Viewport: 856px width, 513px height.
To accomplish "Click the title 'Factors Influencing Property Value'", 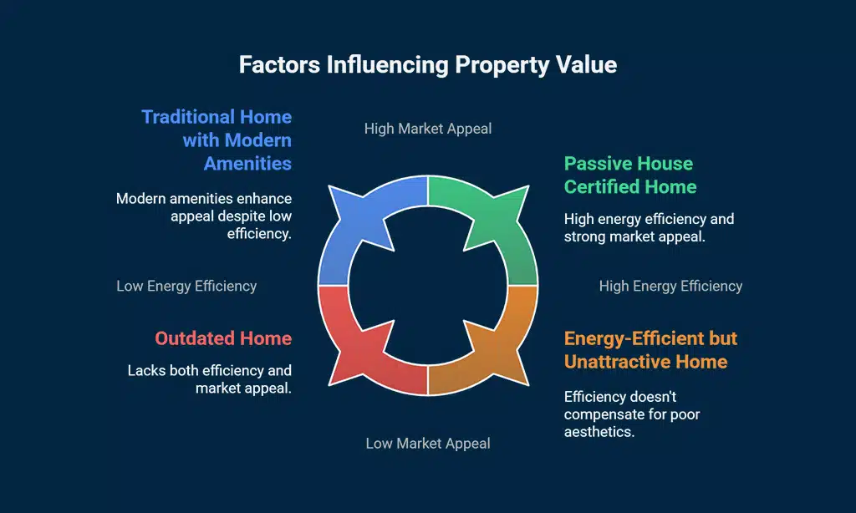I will coord(428,65).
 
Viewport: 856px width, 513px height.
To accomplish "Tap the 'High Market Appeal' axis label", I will coord(428,129).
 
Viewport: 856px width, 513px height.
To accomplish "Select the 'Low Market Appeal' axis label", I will coord(428,443).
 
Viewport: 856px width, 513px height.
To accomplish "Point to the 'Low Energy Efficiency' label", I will coord(186,286).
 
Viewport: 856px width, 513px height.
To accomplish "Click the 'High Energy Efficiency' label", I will coord(670,286).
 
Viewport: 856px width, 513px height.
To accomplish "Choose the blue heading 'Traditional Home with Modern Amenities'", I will coord(217,140).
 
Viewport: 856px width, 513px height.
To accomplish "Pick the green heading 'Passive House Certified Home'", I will coord(629,175).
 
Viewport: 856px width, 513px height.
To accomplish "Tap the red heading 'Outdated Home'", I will coord(223,338).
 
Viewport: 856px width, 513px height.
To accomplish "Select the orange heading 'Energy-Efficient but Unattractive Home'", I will coord(650,350).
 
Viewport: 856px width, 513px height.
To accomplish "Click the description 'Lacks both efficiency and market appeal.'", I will coord(209,379).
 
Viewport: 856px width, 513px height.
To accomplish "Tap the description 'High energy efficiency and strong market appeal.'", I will coord(649,228).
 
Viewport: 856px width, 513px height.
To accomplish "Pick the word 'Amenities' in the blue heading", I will coord(247,163).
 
